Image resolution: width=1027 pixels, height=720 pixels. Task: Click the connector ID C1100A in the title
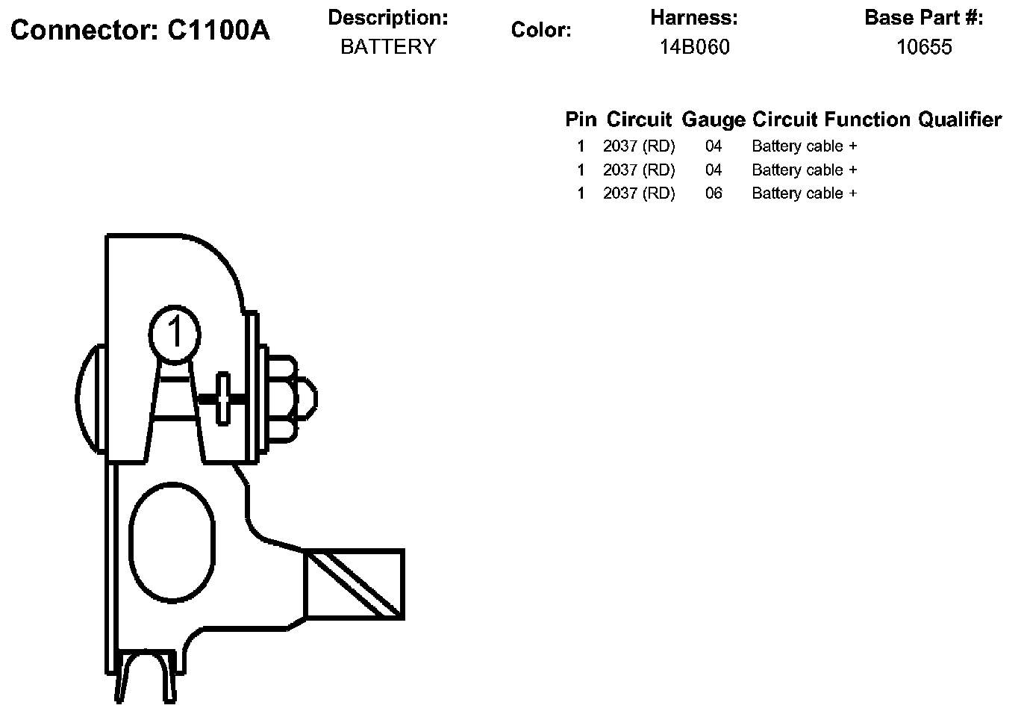[x=218, y=31]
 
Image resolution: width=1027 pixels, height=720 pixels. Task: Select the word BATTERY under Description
[x=388, y=47]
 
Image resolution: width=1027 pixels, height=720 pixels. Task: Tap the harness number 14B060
[x=694, y=47]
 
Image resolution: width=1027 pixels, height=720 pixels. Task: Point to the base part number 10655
[x=924, y=47]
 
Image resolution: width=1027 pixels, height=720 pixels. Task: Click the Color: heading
[x=541, y=31]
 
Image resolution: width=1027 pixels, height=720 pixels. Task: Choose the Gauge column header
[x=714, y=120]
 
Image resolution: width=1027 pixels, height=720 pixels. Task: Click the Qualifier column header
[x=960, y=120]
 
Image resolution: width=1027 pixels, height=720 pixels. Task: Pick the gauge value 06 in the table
[x=714, y=193]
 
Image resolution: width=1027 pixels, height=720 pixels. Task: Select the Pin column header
[x=581, y=120]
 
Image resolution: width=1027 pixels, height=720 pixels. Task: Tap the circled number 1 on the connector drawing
[x=175, y=334]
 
